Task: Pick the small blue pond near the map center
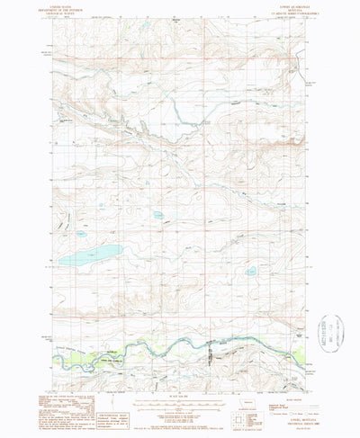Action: [157, 216]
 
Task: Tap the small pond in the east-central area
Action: [251, 271]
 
